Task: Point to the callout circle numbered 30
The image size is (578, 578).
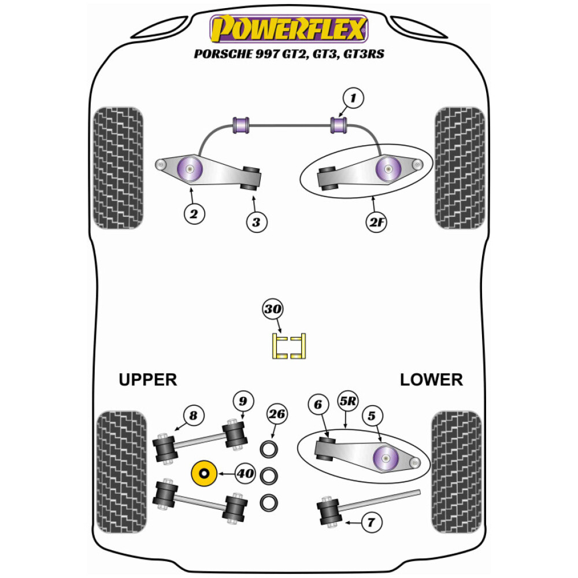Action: (x=273, y=310)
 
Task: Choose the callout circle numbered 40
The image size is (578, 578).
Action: (x=245, y=474)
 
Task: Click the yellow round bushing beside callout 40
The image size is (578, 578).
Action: (x=203, y=474)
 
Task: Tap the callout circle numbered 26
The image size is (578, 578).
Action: (x=277, y=414)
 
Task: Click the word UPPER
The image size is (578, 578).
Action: (x=147, y=380)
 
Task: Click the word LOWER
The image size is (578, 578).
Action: (x=431, y=380)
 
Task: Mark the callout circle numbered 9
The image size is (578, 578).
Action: (x=243, y=401)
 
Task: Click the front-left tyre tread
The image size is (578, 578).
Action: (x=118, y=168)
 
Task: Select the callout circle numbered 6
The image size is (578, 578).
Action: (x=317, y=405)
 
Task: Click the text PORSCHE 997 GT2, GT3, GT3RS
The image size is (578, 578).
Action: (x=289, y=55)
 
